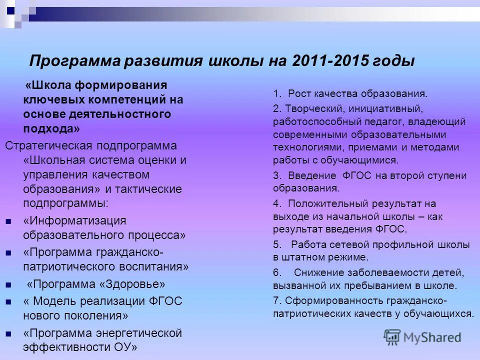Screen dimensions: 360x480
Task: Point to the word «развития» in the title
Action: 160,62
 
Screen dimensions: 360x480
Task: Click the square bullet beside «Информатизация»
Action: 8,221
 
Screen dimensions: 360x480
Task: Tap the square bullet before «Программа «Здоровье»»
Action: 8,285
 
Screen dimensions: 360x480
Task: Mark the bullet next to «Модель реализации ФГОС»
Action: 8,302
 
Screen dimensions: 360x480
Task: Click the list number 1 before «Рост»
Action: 276,93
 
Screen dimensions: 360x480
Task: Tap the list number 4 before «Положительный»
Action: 276,204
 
